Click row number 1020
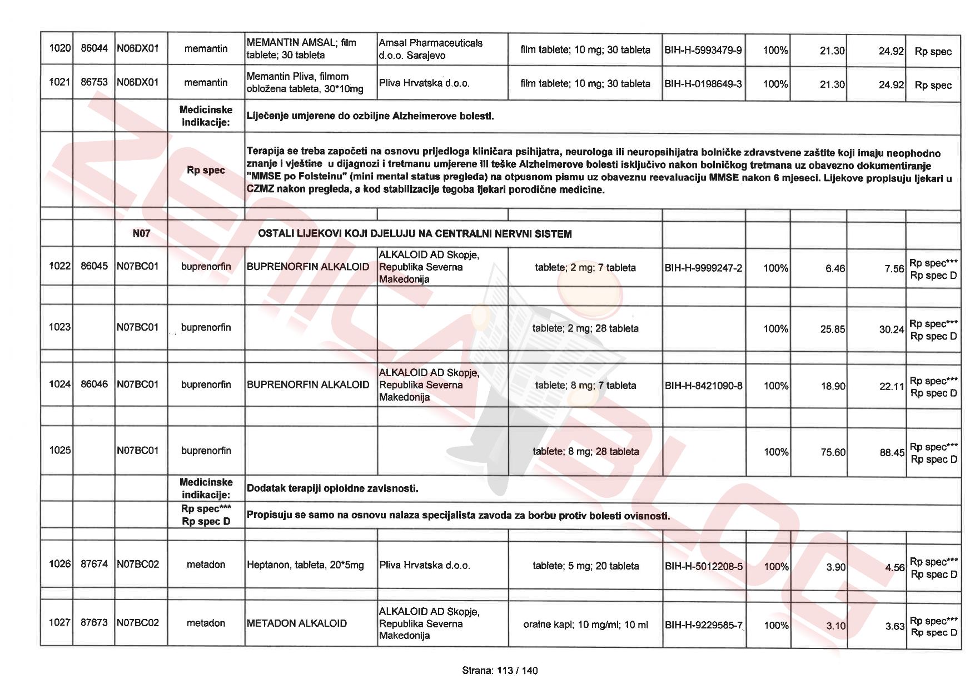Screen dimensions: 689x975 click(x=59, y=48)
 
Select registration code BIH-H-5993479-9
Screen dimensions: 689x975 click(x=703, y=50)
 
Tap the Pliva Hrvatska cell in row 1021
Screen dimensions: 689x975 click(x=424, y=83)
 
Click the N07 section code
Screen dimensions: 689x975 click(x=141, y=233)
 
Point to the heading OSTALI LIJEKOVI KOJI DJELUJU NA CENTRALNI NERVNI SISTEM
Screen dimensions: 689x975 click(x=415, y=234)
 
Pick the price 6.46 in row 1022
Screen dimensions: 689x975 click(x=835, y=268)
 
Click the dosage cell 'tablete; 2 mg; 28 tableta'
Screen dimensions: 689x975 click(x=585, y=328)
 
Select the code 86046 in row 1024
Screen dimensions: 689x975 click(x=94, y=385)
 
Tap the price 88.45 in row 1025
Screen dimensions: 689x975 click(x=892, y=453)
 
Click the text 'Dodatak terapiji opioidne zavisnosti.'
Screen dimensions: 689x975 click(x=332, y=488)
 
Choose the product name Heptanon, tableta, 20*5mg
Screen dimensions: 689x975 click(x=305, y=565)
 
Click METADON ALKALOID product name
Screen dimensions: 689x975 click(x=297, y=623)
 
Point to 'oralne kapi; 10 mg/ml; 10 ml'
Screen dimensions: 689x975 click(x=585, y=625)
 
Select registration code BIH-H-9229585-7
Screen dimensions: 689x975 click(x=703, y=625)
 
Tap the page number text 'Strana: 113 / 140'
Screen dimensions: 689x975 click(x=500, y=671)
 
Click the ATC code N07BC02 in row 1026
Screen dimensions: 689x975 click(x=138, y=565)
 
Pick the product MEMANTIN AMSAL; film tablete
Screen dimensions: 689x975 click(x=301, y=48)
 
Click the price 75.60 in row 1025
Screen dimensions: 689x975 click(x=833, y=452)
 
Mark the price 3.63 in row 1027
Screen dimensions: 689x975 click(x=894, y=626)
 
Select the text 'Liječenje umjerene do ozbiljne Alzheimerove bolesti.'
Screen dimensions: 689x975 click(x=370, y=116)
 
